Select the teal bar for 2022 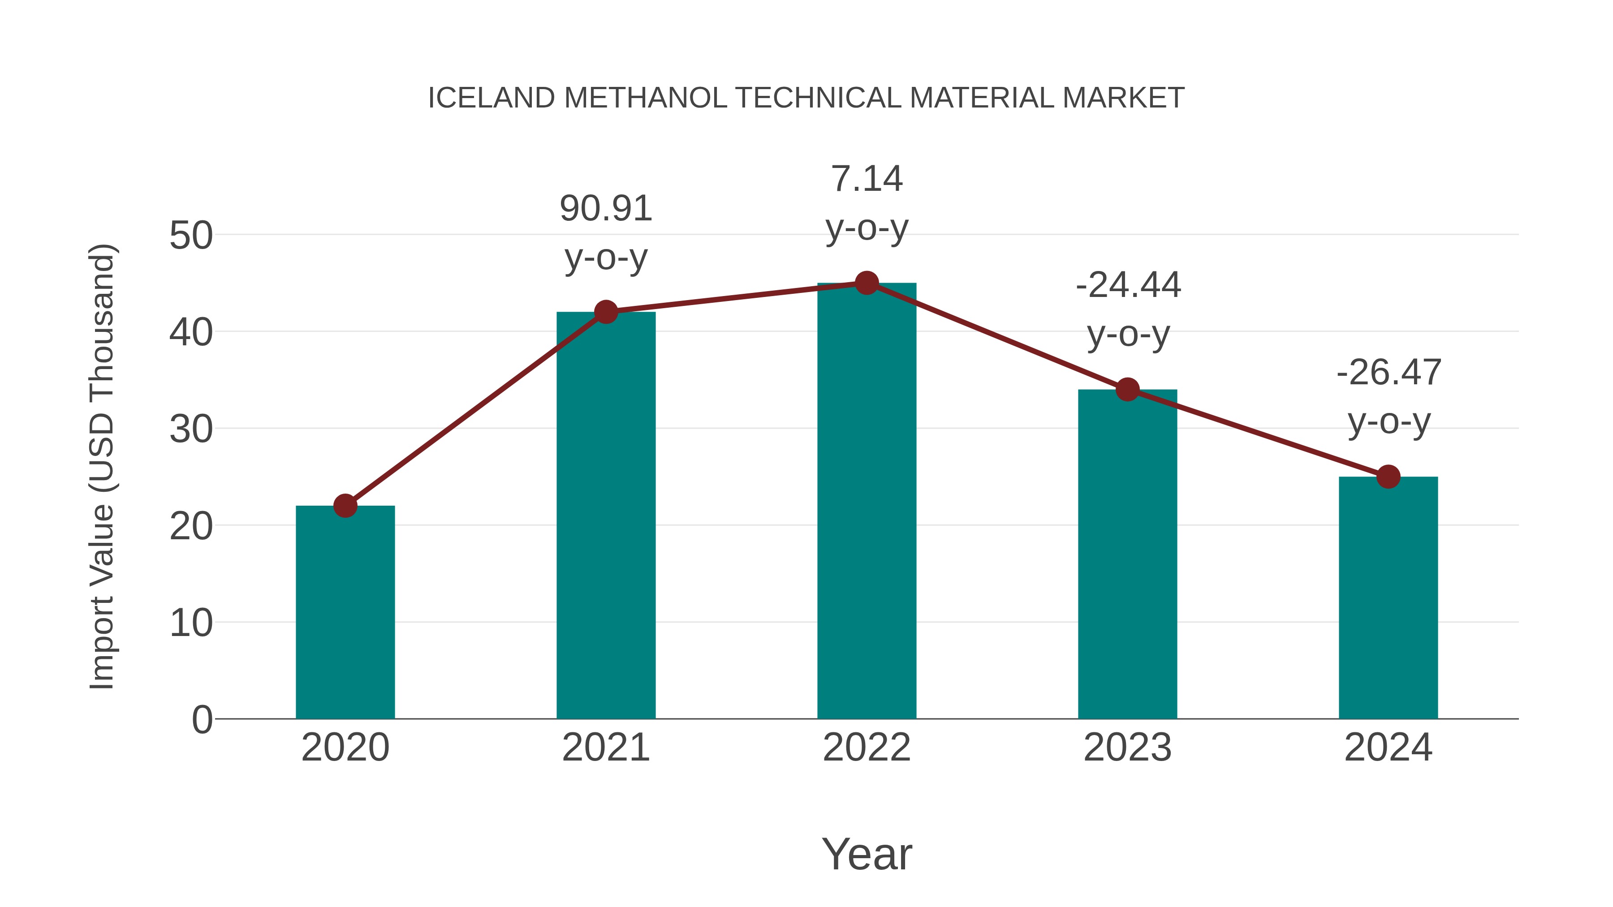pyautogui.click(x=867, y=501)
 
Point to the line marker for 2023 pyautogui.click(x=1127, y=389)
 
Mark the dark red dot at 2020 pyautogui.click(x=345, y=505)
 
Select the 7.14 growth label pyautogui.click(x=867, y=179)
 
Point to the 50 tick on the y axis pyautogui.click(x=191, y=236)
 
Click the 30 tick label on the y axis pyautogui.click(x=191, y=430)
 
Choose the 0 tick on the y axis pyautogui.click(x=202, y=720)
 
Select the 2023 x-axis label pyautogui.click(x=1127, y=748)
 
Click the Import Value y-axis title pyautogui.click(x=101, y=466)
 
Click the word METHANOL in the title pyautogui.click(x=645, y=98)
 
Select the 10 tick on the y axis pyautogui.click(x=191, y=623)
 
